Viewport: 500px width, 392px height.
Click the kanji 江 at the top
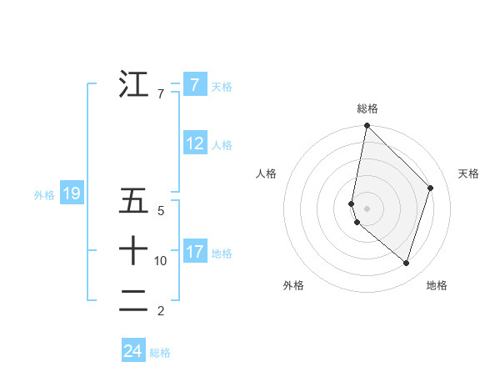click(x=133, y=84)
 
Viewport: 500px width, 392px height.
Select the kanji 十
click(x=133, y=250)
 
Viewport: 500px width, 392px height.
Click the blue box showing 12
click(x=194, y=143)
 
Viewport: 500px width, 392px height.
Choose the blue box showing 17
click(x=194, y=251)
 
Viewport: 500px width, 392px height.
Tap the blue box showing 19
click(x=72, y=194)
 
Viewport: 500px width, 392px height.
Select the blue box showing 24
click(x=133, y=351)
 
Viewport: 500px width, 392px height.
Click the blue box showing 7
click(x=194, y=84)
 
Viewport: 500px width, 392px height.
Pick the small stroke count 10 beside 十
click(x=161, y=261)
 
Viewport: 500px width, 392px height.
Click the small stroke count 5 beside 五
click(x=161, y=212)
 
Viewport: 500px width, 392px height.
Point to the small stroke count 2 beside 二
click(x=161, y=311)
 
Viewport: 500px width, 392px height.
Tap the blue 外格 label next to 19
click(x=44, y=195)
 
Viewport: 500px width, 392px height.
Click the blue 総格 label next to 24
click(x=160, y=353)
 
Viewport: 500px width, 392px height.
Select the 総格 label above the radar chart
click(x=367, y=108)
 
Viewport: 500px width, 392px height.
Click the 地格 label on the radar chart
click(x=437, y=285)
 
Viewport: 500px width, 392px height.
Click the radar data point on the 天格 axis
click(x=431, y=188)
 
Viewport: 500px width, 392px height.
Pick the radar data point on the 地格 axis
click(x=406, y=263)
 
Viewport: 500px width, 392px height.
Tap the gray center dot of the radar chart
click(x=367, y=209)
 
